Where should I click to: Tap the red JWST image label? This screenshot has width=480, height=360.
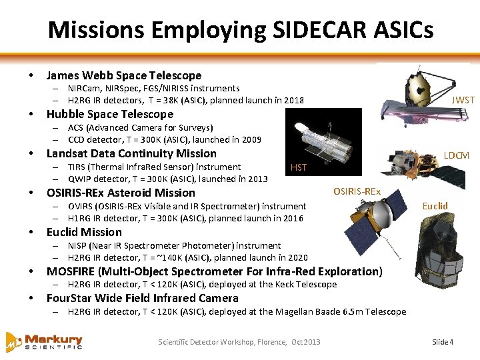[x=463, y=100]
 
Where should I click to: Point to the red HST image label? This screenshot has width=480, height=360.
[x=299, y=167]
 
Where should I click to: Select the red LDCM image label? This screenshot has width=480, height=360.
[x=457, y=155]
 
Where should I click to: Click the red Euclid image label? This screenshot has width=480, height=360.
[x=435, y=206]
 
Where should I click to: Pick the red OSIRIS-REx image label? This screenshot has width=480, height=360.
[x=357, y=192]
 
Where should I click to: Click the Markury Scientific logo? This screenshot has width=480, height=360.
[x=44, y=341]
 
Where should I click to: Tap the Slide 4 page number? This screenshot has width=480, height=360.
[x=443, y=342]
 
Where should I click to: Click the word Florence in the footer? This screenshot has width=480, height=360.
[x=269, y=342]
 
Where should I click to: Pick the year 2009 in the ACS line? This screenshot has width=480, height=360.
[x=251, y=140]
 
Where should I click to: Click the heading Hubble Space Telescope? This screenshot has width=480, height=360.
[x=109, y=114]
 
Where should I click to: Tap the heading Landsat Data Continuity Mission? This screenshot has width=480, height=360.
[x=131, y=153]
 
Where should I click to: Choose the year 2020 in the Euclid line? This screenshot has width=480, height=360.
[x=297, y=258]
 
